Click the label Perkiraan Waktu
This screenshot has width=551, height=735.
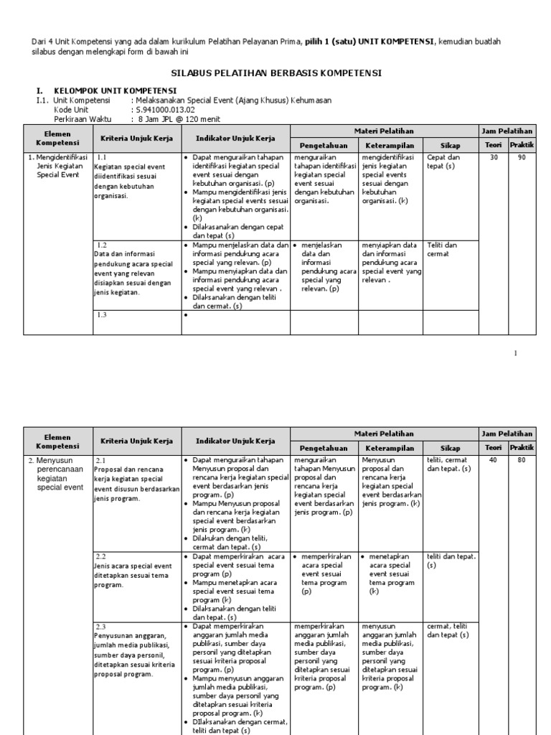(x=83, y=118)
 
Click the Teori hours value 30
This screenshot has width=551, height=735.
(x=493, y=157)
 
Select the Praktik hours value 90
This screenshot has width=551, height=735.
(x=520, y=157)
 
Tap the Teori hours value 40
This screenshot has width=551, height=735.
(x=493, y=460)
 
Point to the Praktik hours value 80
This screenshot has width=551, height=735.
(x=520, y=460)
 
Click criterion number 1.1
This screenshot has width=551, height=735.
(x=101, y=157)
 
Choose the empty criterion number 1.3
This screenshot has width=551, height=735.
(x=101, y=314)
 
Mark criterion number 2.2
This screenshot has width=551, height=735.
(x=101, y=556)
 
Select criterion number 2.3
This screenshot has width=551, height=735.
(x=101, y=627)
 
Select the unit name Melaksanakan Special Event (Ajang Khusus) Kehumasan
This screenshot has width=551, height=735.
(x=231, y=100)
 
